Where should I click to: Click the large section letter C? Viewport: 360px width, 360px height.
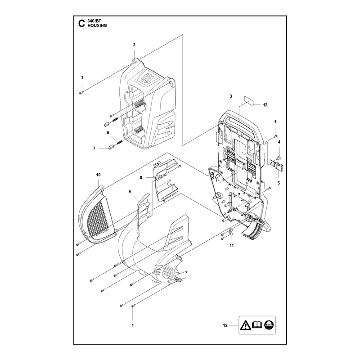(x=81, y=23)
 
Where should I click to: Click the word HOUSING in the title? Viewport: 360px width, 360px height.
(x=97, y=26)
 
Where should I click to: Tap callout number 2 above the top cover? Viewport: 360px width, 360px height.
(x=134, y=45)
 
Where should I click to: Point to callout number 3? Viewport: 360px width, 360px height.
(x=231, y=96)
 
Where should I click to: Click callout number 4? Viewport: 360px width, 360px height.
(x=279, y=142)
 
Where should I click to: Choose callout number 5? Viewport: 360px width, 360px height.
(x=279, y=183)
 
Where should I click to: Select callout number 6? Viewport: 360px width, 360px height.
(x=108, y=132)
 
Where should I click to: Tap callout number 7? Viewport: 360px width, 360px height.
(x=94, y=148)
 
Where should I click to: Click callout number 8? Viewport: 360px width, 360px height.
(x=141, y=177)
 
